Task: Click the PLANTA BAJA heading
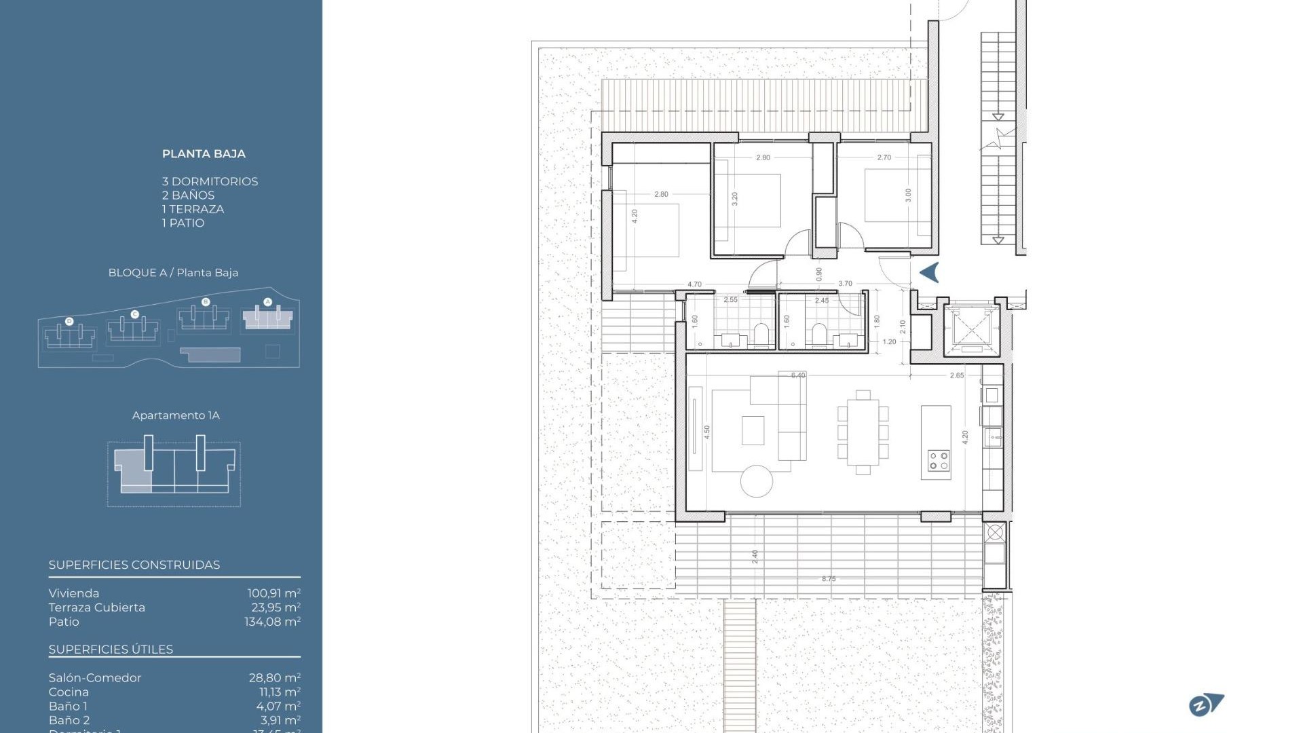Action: (x=204, y=154)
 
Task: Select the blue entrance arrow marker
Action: (x=929, y=272)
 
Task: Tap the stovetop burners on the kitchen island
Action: (x=939, y=461)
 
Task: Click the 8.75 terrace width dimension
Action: (x=829, y=579)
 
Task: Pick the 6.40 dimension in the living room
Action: (x=798, y=375)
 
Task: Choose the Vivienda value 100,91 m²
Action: (x=273, y=593)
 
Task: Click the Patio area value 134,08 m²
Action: (x=272, y=622)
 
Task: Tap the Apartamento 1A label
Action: (x=176, y=415)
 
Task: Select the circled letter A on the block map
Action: (x=267, y=302)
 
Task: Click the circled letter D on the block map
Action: (x=69, y=321)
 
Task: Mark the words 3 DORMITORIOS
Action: (x=210, y=181)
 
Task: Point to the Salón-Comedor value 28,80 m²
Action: (x=274, y=677)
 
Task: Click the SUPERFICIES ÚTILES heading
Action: (x=111, y=650)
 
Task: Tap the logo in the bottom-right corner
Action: (x=1206, y=705)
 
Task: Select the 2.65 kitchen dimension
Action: (x=957, y=375)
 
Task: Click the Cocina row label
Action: (x=69, y=692)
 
